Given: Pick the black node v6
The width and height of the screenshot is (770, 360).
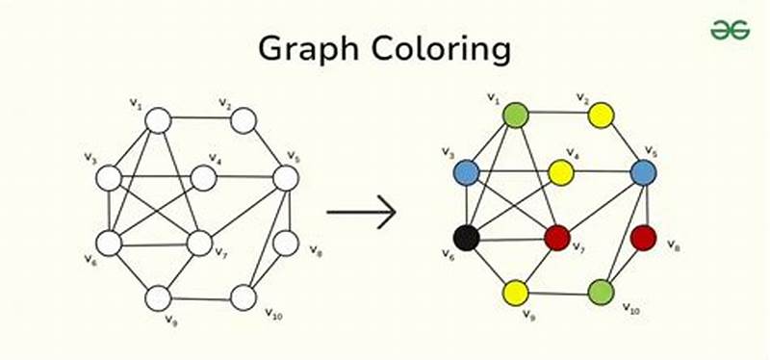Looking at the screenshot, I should (x=467, y=237).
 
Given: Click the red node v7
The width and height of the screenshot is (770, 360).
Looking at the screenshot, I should (x=557, y=237).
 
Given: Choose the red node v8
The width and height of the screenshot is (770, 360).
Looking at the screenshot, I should (x=643, y=237).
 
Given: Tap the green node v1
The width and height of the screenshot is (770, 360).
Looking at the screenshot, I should (x=517, y=116).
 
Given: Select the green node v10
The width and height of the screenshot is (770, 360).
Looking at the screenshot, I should (x=602, y=292).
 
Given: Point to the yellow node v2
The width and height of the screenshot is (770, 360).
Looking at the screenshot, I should (x=602, y=116).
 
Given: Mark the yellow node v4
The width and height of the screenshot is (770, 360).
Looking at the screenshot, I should (x=561, y=172).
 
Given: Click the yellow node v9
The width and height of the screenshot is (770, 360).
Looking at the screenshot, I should (x=516, y=293).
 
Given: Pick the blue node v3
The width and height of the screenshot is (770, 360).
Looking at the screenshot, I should (x=467, y=172).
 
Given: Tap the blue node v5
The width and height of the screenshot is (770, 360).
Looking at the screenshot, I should (x=643, y=172).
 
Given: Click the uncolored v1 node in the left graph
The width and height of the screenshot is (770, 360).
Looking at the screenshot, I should (x=158, y=121).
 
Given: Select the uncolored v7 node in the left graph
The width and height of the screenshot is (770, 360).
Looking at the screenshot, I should (x=199, y=244).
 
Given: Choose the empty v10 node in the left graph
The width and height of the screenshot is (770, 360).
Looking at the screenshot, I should (x=244, y=298).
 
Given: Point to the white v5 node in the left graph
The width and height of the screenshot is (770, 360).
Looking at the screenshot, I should (x=286, y=178).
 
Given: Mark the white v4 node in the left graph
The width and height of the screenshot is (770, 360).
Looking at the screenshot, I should (x=203, y=178).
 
